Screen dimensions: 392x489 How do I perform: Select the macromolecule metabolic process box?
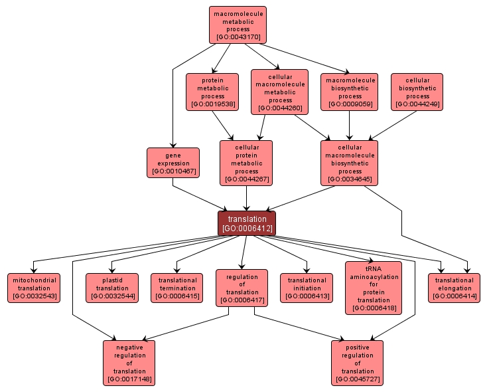(238, 25)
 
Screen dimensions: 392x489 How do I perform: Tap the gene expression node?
(173, 163)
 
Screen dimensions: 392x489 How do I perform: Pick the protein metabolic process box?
(212, 92)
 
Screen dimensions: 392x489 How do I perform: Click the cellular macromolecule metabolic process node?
(279, 92)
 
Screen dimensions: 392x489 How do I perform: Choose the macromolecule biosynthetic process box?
(350, 92)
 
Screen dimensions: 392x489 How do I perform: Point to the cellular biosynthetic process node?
(417, 92)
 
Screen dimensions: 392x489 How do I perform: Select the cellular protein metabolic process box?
(246, 163)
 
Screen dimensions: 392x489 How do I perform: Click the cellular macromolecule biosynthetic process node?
(349, 163)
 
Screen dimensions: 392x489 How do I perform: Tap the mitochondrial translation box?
(34, 288)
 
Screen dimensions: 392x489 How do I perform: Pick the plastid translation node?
(111, 288)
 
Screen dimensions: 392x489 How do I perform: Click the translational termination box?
(176, 288)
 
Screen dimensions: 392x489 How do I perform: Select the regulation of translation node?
(242, 288)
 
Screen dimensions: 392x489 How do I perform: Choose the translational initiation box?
(307, 288)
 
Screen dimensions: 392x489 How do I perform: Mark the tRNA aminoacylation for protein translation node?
(374, 288)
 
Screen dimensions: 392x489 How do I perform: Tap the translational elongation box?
(454, 288)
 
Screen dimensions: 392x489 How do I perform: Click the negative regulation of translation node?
(129, 363)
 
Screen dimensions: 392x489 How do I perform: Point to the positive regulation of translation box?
(358, 363)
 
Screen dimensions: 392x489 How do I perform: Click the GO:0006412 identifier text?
(247, 229)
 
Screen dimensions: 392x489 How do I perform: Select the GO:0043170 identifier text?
(238, 37)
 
